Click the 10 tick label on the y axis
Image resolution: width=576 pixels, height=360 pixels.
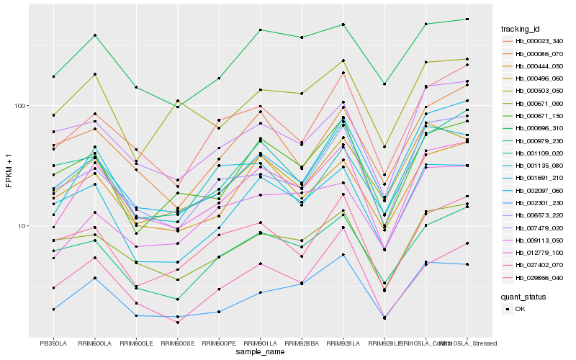pos(23,225)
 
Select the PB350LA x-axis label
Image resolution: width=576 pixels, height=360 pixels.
pos(53,343)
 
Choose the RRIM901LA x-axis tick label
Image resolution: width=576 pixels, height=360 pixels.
pos(260,343)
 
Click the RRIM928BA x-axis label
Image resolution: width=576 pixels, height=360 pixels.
pos(302,343)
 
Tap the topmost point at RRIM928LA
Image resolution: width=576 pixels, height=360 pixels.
pos(343,24)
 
